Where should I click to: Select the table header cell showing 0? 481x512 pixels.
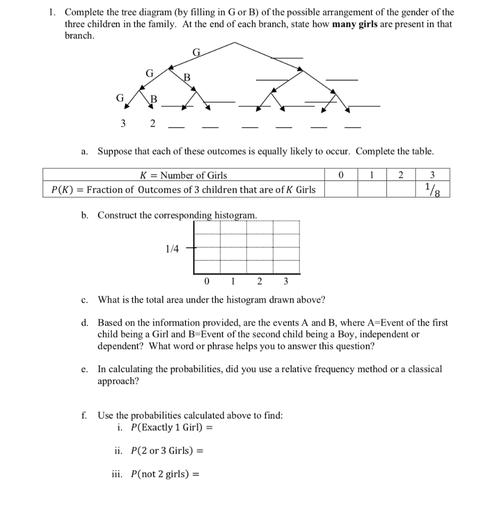point(340,175)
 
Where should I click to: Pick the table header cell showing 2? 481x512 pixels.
point(400,175)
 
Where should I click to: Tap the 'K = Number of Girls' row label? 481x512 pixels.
point(182,175)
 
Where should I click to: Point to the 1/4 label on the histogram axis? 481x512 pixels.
point(171,248)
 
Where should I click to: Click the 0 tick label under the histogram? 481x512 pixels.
point(206,280)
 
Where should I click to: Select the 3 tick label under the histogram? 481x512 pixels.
point(285,280)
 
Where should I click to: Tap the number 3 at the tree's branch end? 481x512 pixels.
point(122,123)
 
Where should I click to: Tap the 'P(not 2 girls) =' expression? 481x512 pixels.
point(164,474)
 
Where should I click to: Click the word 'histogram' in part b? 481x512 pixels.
point(235,215)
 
